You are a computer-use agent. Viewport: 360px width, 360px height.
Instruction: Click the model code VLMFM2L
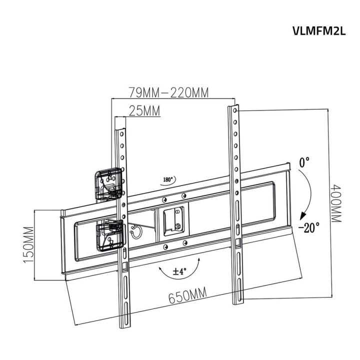coord(319,31)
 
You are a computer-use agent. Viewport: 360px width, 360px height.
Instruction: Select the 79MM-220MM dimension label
coord(168,92)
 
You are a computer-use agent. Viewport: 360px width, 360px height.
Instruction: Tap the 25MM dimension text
coord(144,111)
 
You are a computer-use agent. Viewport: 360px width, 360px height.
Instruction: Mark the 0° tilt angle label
coord(304,162)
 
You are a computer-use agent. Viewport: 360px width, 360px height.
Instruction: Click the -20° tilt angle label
coord(308,227)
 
